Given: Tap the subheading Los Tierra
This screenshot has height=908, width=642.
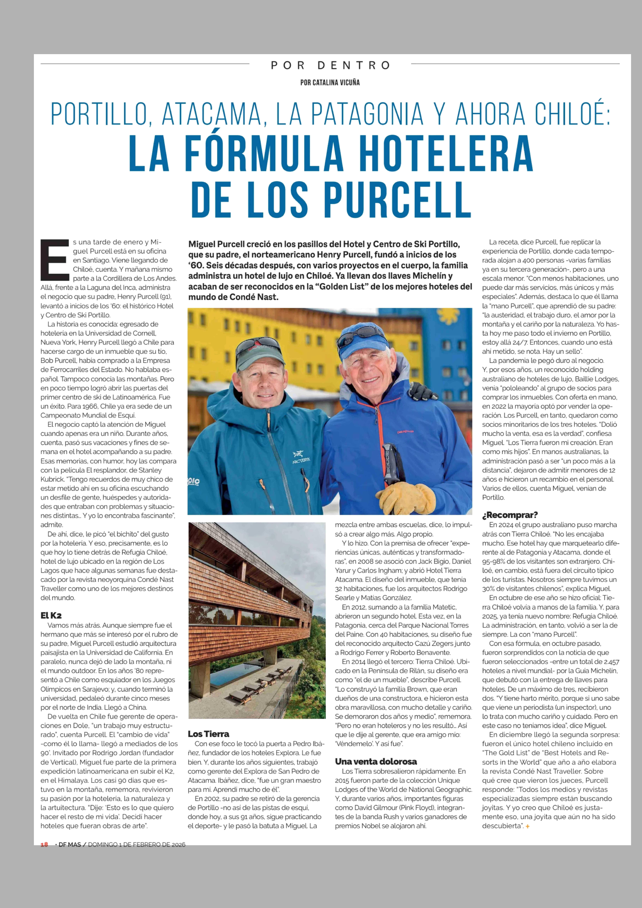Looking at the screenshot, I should [x=208, y=734].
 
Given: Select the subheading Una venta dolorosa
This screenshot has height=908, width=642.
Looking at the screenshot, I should [x=376, y=761].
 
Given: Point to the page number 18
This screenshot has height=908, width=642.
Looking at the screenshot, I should [x=44, y=844].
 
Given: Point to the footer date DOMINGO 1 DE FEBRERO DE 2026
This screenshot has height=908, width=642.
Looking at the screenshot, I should [x=136, y=844].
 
